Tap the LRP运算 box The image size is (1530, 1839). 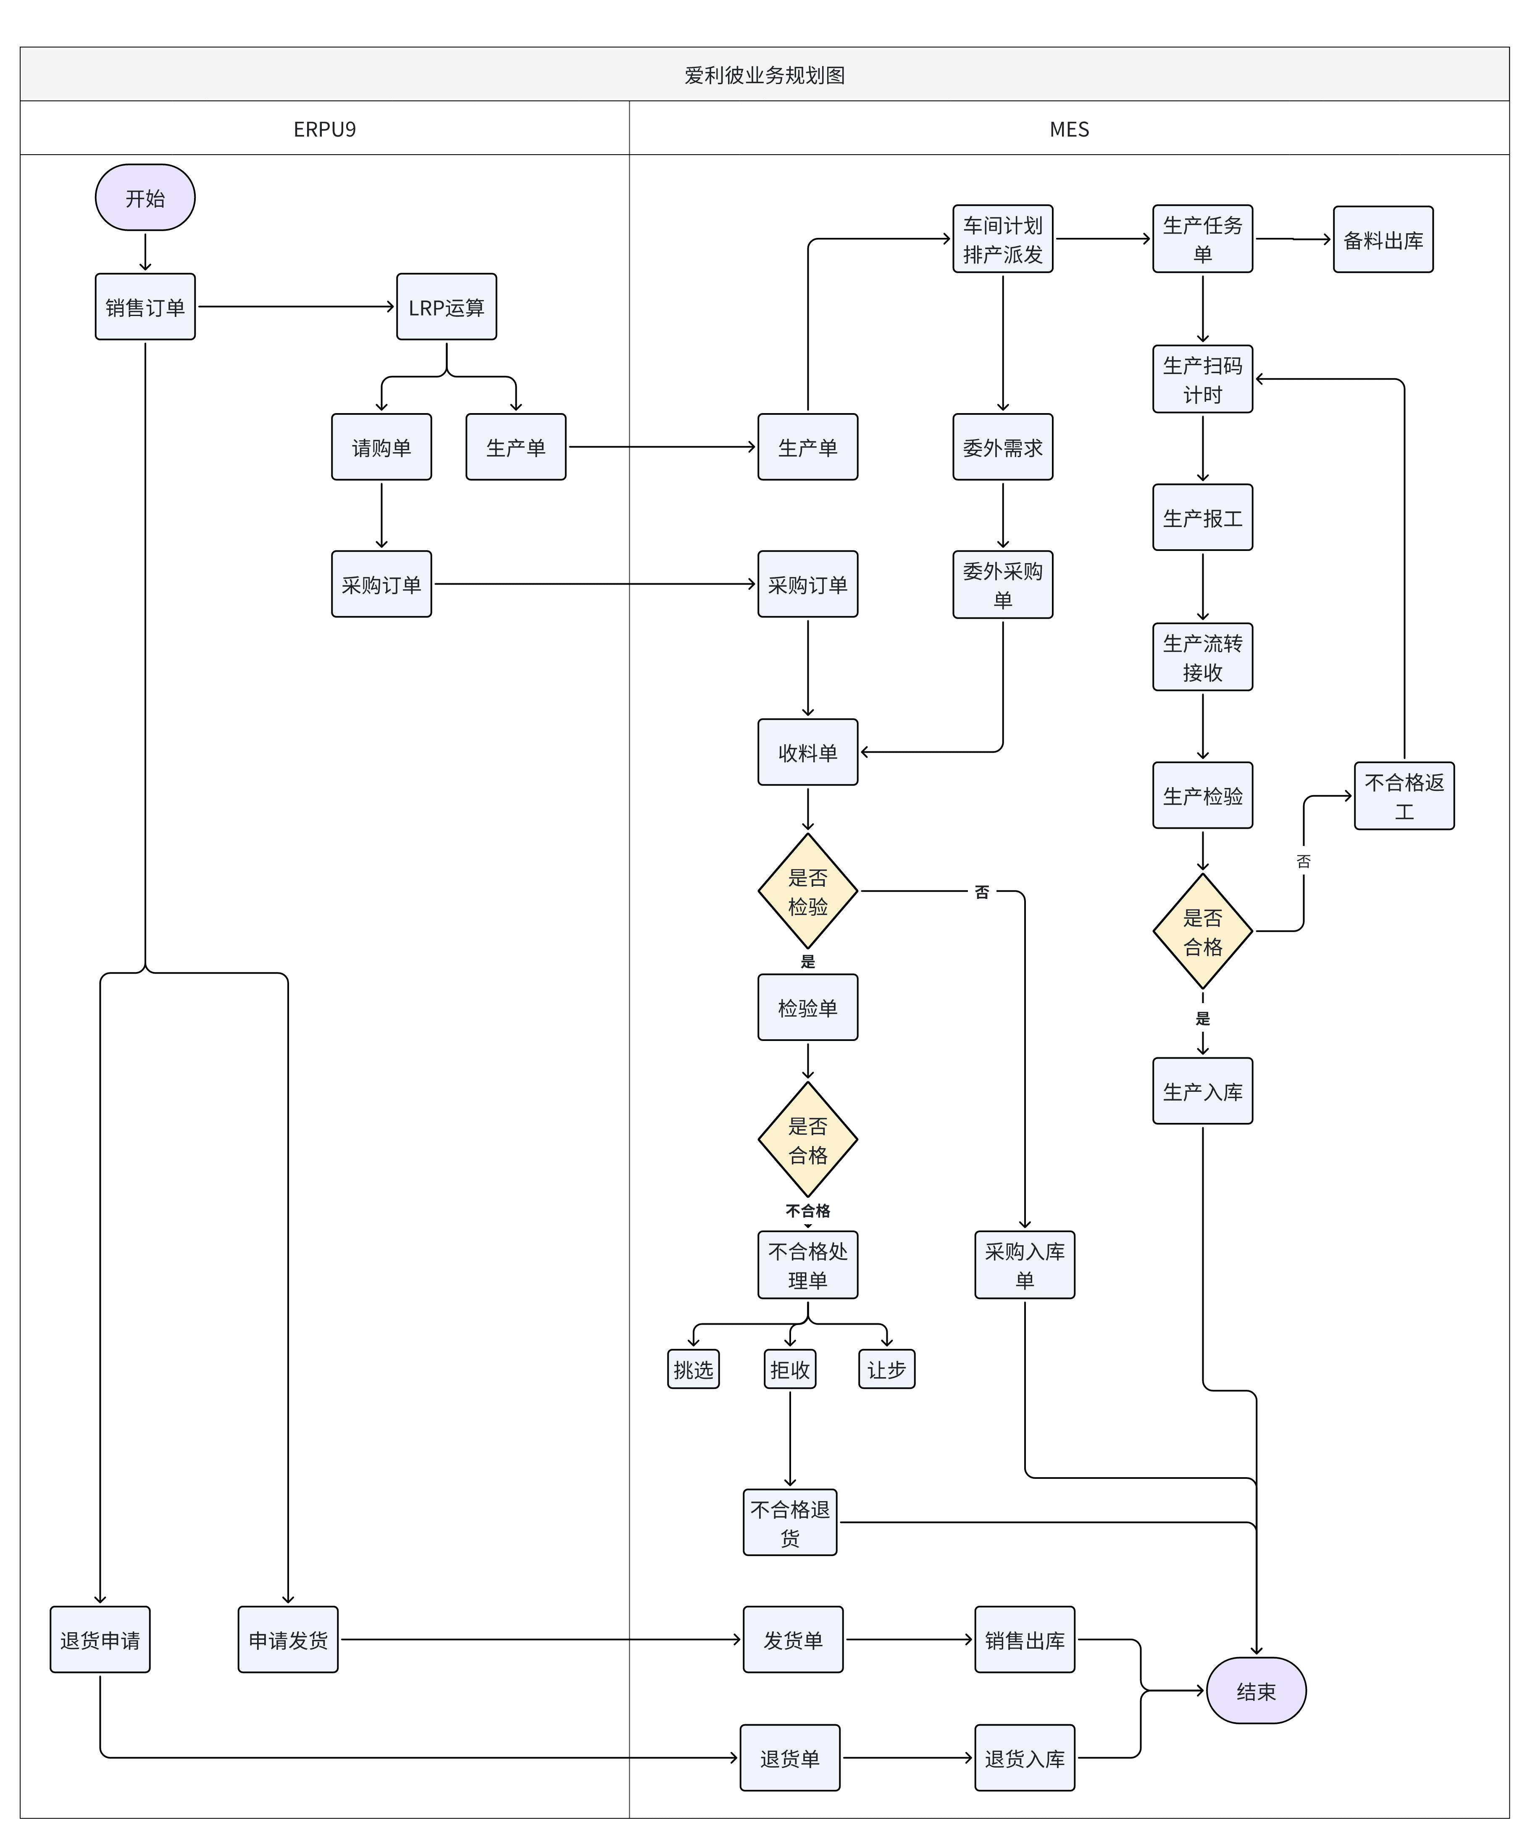pos(447,306)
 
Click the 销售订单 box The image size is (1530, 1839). pos(145,306)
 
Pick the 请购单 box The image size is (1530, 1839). pos(381,447)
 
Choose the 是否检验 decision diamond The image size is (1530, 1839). pos(808,891)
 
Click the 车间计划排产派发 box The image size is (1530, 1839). pos(1003,239)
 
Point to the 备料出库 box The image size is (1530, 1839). pos(1383,239)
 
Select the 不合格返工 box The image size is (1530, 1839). pos(1404,796)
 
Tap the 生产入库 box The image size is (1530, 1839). pos(1203,1091)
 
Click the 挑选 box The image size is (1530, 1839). pos(693,1369)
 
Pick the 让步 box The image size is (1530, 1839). pos(887,1369)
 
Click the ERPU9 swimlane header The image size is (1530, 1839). pos(325,129)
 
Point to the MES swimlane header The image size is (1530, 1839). pos(1069,129)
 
